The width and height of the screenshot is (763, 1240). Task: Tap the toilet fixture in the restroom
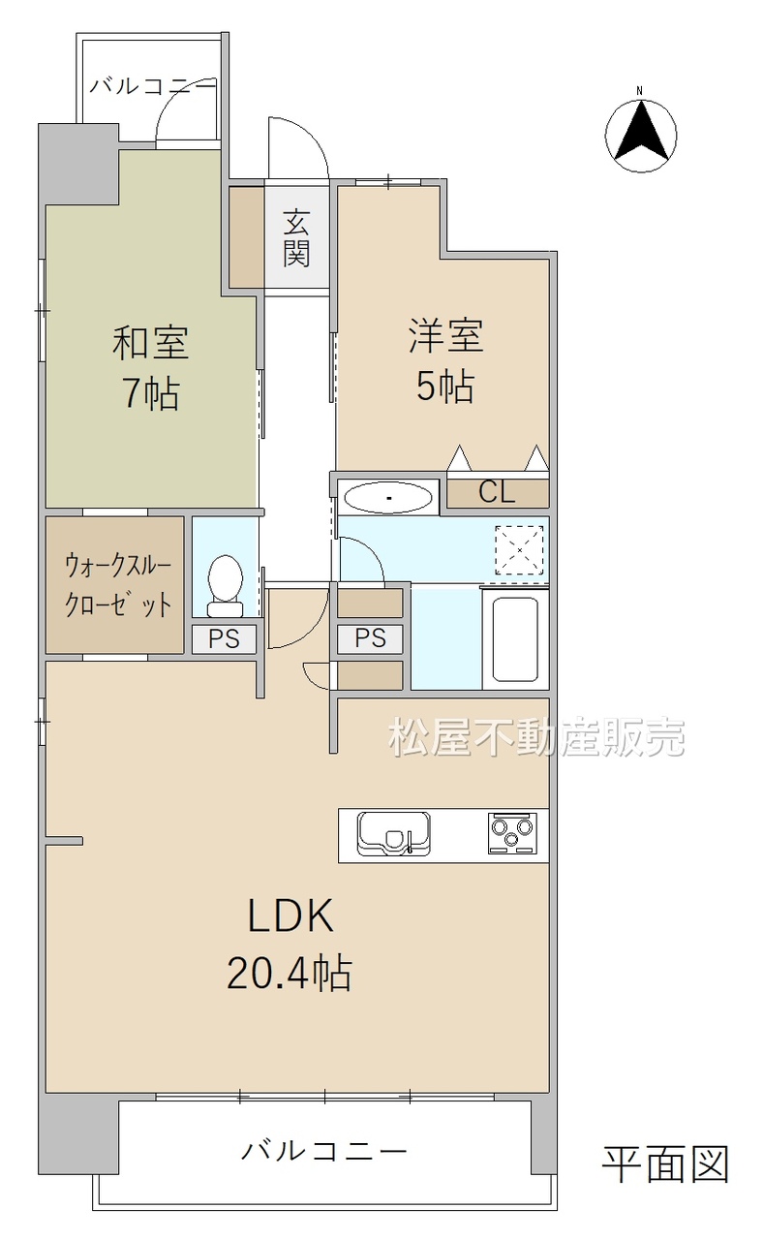[x=225, y=586]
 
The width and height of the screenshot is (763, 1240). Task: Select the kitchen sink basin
[x=393, y=834]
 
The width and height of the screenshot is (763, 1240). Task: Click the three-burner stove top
[x=512, y=833]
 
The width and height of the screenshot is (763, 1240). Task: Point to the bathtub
[x=515, y=639]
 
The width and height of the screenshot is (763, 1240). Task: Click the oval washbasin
[x=388, y=498]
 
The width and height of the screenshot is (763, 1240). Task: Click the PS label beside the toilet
[x=224, y=639]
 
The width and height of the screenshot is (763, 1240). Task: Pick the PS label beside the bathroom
[x=370, y=638]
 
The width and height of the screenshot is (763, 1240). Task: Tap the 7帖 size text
[x=150, y=394]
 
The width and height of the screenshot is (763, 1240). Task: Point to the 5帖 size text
[x=444, y=387]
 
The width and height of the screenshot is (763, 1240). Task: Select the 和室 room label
[x=150, y=343]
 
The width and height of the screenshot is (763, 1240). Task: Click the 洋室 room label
[x=446, y=335]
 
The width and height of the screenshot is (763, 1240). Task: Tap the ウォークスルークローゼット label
[x=118, y=586]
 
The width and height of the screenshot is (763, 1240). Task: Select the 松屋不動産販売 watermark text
[x=536, y=737]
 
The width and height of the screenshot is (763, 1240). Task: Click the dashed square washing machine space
[x=519, y=549]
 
